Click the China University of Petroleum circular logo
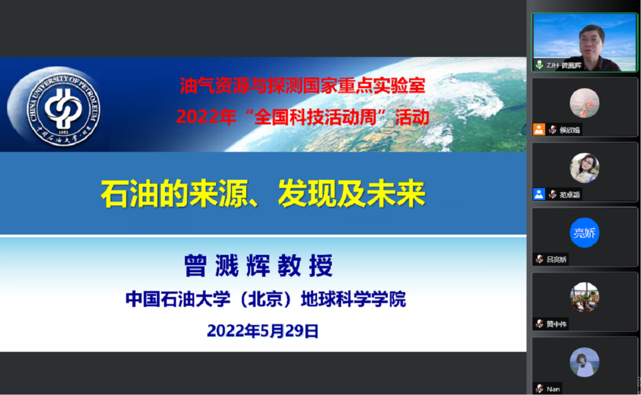[63, 110]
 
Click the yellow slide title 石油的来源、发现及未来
[263, 194]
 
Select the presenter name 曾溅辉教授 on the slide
[258, 265]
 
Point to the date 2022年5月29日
[263, 331]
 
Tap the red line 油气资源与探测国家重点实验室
[303, 85]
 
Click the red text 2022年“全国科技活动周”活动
[303, 117]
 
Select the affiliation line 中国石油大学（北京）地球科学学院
[265, 299]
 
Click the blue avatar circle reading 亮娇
[584, 233]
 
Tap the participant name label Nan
[553, 389]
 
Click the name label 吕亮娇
[556, 259]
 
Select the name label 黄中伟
[556, 324]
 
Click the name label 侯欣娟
[570, 130]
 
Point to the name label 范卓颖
[570, 195]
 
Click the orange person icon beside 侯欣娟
[539, 129]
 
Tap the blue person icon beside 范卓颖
[539, 194]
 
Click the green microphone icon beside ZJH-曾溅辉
[539, 65]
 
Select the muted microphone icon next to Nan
[539, 389]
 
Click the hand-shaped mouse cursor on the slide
[453, 78]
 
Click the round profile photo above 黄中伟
[584, 297]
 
